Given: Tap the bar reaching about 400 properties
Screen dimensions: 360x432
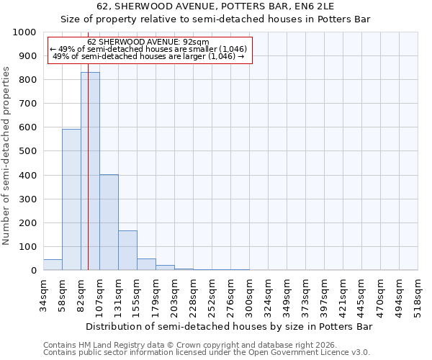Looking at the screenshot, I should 109,222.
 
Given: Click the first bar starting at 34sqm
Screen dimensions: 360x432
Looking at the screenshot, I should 53,265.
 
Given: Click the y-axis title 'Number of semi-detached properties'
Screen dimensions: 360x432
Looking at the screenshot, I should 7,156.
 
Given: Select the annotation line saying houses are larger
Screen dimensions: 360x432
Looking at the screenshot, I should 149,56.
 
